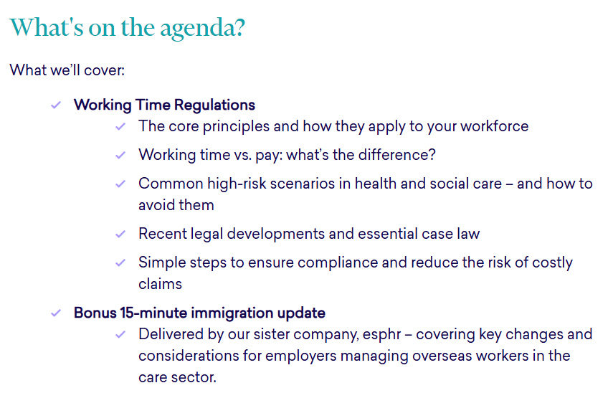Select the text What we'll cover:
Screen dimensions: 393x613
[67, 71]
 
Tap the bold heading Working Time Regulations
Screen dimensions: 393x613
[164, 105]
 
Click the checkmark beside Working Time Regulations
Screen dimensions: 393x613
[55, 105]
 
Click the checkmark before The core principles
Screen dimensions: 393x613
[120, 126]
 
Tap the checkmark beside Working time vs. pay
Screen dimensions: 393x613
[120, 155]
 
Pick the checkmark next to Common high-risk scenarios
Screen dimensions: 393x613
[120, 184]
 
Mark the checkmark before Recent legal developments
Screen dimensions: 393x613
[120, 234]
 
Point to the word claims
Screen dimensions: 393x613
[161, 283]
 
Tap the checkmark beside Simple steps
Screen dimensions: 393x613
[120, 262]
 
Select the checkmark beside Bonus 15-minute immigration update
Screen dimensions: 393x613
[55, 313]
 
